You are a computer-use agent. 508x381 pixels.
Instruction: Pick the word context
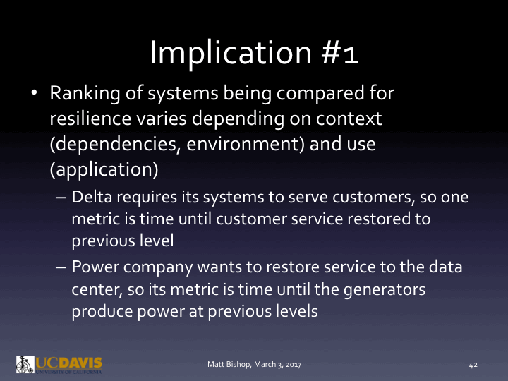348,119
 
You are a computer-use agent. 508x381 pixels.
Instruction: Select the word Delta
92,199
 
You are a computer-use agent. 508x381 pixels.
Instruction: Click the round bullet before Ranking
34,93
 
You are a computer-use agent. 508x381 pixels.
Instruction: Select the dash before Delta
61,199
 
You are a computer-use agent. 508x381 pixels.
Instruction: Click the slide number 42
473,364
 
